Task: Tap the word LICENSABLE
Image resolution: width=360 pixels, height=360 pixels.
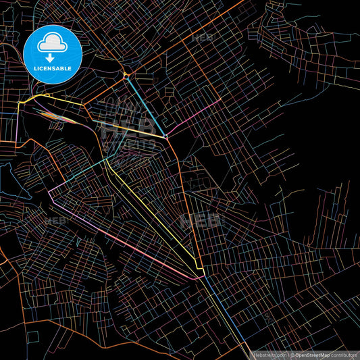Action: [49, 69]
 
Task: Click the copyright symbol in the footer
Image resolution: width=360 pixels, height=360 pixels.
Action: [292, 355]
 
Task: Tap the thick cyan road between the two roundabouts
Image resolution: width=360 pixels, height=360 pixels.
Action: [146, 107]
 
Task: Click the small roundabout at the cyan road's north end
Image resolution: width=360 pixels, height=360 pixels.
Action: [126, 76]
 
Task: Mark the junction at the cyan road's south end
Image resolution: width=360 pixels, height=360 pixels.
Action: [166, 137]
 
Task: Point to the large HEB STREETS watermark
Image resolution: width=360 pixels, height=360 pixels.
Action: [128, 128]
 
